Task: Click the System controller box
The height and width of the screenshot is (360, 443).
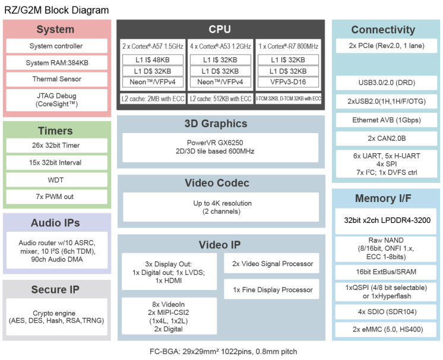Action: [x=56, y=46]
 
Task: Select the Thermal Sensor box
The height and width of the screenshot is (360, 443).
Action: [x=56, y=79]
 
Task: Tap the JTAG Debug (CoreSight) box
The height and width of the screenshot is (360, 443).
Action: [x=56, y=100]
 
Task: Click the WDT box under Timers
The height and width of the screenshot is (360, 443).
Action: [x=56, y=179]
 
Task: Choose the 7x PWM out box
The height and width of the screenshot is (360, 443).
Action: [x=56, y=197]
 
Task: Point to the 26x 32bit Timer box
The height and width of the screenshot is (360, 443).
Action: [x=56, y=146]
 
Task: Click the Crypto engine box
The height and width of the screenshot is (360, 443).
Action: [x=56, y=317]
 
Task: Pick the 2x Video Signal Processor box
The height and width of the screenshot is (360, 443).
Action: [x=273, y=264]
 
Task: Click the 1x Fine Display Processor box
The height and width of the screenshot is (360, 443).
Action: [x=273, y=290]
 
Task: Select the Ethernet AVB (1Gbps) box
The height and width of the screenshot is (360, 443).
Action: [x=387, y=121]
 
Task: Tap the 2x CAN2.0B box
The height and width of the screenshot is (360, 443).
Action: [x=387, y=138]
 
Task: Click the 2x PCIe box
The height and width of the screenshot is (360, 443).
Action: [x=387, y=46]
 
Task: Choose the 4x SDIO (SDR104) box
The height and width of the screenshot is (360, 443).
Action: [x=387, y=312]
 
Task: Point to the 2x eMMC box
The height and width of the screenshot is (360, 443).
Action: [x=387, y=330]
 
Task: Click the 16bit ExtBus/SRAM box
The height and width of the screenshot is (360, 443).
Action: [x=387, y=271]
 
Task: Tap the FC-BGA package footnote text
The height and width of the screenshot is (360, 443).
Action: [x=223, y=352]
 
